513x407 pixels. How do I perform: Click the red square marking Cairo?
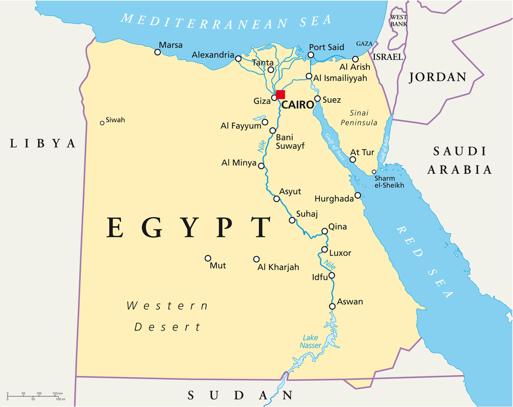[x=281, y=94]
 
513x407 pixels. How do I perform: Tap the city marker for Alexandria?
[x=238, y=59]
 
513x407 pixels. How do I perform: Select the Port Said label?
[x=326, y=47]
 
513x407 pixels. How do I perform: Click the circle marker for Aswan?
[x=332, y=306]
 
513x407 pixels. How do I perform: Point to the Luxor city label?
[x=340, y=253]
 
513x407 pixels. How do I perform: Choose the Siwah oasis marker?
[x=102, y=122]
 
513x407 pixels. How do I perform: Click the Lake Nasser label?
[x=311, y=341]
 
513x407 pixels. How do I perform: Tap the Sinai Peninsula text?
[x=359, y=118]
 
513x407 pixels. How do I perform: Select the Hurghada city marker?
[x=358, y=195]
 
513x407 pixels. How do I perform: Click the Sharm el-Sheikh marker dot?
[x=374, y=172]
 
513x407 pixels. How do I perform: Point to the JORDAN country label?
[x=438, y=77]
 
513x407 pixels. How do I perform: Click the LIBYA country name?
[x=43, y=144]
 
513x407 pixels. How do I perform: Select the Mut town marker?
[x=208, y=258]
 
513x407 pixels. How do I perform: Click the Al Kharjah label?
[x=278, y=267]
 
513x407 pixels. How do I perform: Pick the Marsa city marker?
[x=158, y=52]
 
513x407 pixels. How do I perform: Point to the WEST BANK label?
[x=399, y=21]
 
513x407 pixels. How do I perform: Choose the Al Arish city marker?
[x=356, y=59]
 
